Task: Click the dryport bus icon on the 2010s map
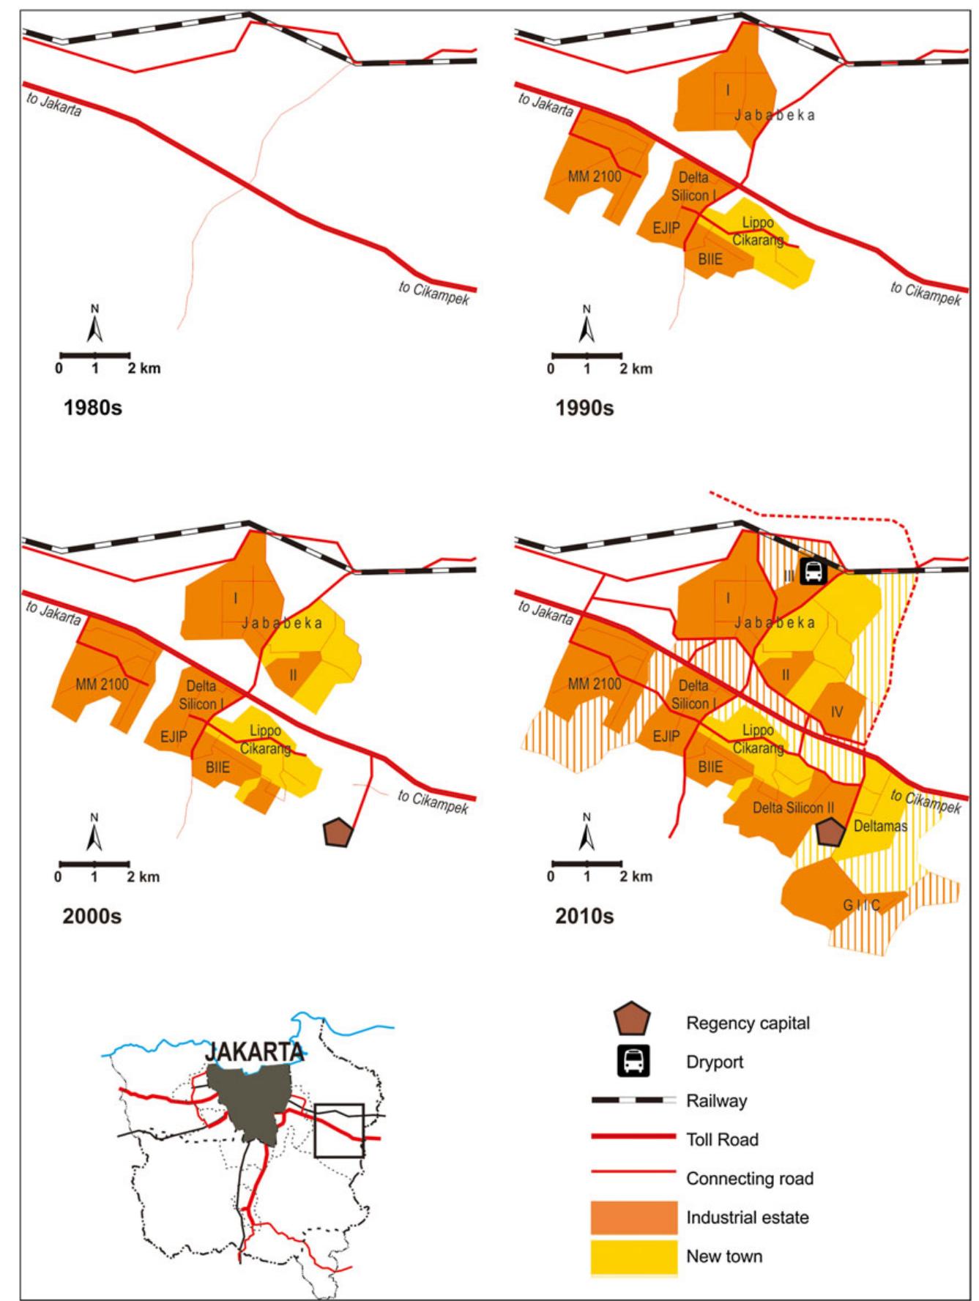pyautogui.click(x=812, y=572)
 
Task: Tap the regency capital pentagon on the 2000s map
pyautogui.click(x=338, y=832)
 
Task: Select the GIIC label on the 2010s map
pyautogui.click(x=861, y=906)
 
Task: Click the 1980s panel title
pyautogui.click(x=92, y=408)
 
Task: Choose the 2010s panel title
pyautogui.click(x=584, y=916)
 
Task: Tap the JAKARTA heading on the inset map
pyautogui.click(x=254, y=1052)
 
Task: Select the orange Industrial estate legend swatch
pyautogui.click(x=634, y=1217)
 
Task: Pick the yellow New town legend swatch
pyautogui.click(x=634, y=1256)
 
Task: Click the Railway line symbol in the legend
pyautogui.click(x=634, y=1100)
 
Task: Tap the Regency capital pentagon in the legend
pyautogui.click(x=633, y=1021)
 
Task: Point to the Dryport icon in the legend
pyautogui.click(x=633, y=1062)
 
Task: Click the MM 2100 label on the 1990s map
pyautogui.click(x=594, y=176)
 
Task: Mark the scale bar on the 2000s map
pyautogui.click(x=94, y=863)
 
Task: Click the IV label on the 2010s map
pyautogui.click(x=837, y=712)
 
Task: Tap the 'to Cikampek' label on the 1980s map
pyautogui.click(x=433, y=293)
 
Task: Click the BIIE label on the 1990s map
pyautogui.click(x=710, y=259)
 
